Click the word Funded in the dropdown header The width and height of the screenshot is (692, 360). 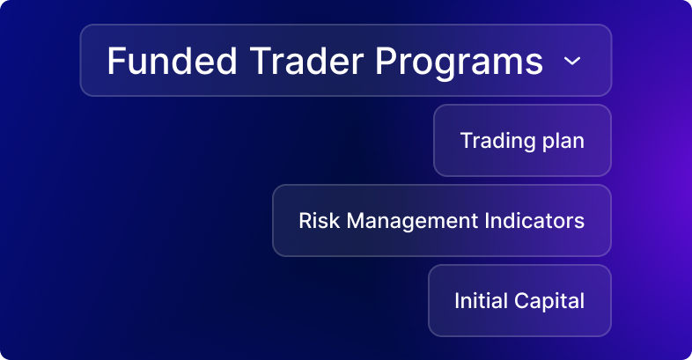[172, 61]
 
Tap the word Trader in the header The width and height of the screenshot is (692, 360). [306, 61]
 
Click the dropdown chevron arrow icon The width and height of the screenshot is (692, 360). [572, 61]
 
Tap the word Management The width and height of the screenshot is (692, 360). [412, 222]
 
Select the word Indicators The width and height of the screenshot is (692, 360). [534, 221]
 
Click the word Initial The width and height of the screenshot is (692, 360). [481, 301]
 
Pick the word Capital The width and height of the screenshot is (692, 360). [549, 302]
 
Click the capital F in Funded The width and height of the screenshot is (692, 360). [116, 61]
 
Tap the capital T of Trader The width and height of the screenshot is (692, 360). [261, 61]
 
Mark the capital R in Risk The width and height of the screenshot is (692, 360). [306, 221]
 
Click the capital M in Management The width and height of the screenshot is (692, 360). [357, 221]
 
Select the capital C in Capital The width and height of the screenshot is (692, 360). [523, 301]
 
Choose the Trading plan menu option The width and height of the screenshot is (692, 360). [523, 141]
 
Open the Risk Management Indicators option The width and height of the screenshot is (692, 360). [442, 221]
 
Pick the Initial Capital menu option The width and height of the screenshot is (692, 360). [520, 301]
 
